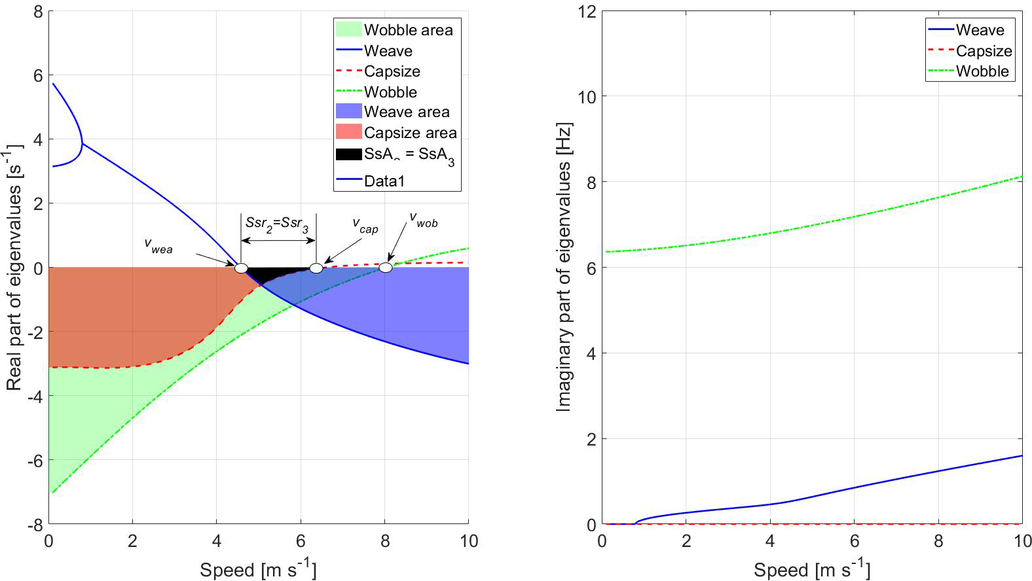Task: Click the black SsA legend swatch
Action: click(x=348, y=154)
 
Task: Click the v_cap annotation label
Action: click(x=365, y=226)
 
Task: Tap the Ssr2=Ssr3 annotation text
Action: click(x=276, y=223)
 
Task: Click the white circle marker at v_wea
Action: click(x=241, y=268)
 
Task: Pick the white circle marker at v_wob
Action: click(x=386, y=268)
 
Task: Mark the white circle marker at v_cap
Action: click(x=316, y=268)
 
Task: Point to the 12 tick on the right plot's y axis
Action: click(x=587, y=12)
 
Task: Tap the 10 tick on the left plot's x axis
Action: click(x=468, y=542)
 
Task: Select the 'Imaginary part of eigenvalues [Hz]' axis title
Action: click(x=564, y=267)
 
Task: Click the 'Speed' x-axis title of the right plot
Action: click(x=811, y=570)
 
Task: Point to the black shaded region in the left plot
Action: click(x=278, y=273)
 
